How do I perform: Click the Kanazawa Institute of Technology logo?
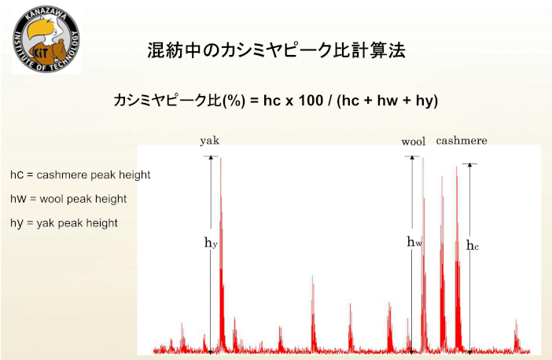pyautogui.click(x=46, y=39)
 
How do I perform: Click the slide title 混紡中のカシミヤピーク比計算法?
pyautogui.click(x=276, y=50)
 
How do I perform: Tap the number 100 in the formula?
pyautogui.click(x=311, y=101)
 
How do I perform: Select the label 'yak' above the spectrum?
pyautogui.click(x=210, y=141)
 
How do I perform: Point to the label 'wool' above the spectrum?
pyautogui.click(x=414, y=141)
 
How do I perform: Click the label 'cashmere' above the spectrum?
pyautogui.click(x=462, y=141)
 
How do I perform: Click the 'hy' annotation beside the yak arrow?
pyautogui.click(x=211, y=242)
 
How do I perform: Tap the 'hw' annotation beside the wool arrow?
pyautogui.click(x=414, y=242)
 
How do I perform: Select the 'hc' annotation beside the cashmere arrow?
pyautogui.click(x=473, y=245)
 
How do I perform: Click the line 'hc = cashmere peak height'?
pyautogui.click(x=80, y=175)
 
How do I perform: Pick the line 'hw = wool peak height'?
pyautogui.click(x=68, y=199)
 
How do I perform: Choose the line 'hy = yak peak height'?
pyautogui.click(x=64, y=223)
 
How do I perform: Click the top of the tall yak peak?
pyautogui.click(x=221, y=158)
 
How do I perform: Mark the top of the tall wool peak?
pyautogui.click(x=423, y=158)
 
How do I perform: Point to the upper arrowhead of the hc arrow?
pyautogui.click(x=469, y=165)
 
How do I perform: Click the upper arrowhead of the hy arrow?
pyautogui.click(x=211, y=158)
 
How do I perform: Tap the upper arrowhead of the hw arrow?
pyautogui.click(x=412, y=158)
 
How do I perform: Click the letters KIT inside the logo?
pyautogui.click(x=40, y=53)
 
